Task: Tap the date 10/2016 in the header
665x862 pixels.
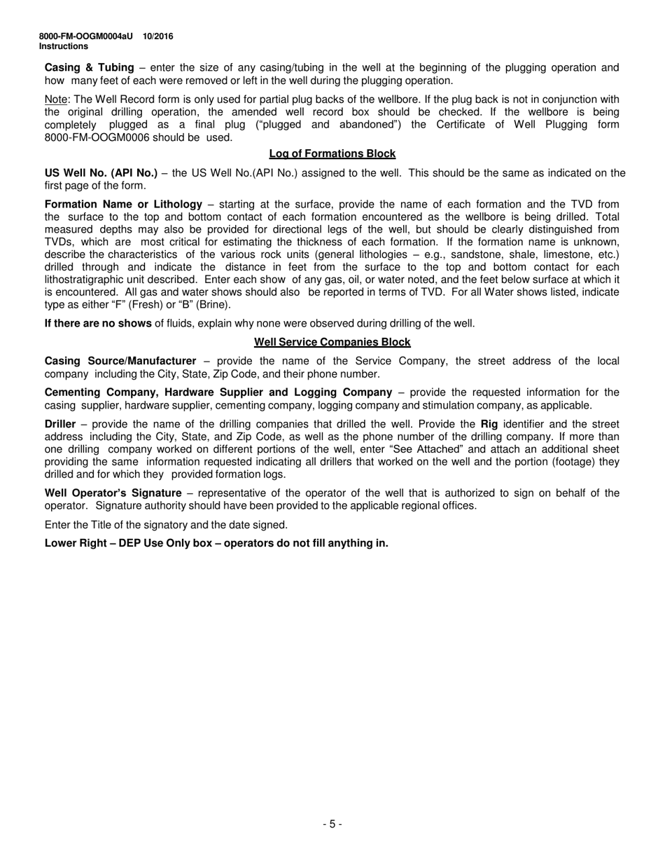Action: click(x=158, y=36)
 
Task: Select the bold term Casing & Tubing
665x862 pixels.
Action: click(x=89, y=68)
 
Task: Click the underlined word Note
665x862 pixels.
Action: click(x=55, y=100)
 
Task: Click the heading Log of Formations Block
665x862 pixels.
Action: click(x=332, y=153)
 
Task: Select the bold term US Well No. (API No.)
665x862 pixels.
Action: click(x=101, y=173)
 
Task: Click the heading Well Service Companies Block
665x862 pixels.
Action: click(x=332, y=342)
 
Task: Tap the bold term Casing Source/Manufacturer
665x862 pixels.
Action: click(x=120, y=361)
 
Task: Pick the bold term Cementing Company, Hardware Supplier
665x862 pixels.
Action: click(x=161, y=392)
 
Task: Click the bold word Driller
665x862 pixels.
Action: click(x=60, y=424)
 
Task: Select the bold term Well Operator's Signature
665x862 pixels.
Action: click(x=113, y=493)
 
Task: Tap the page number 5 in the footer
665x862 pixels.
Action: click(x=332, y=824)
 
